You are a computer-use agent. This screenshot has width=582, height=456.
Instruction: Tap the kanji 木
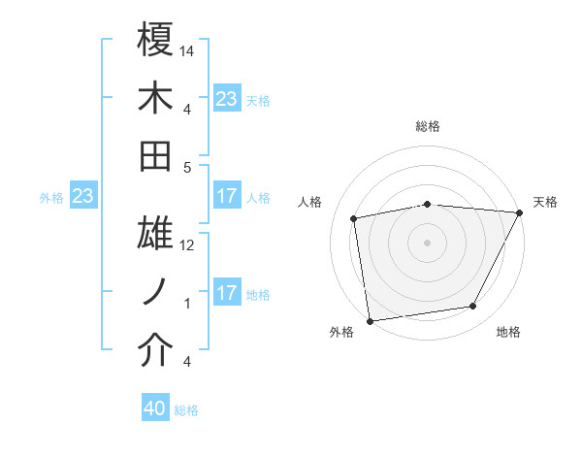pos(155,98)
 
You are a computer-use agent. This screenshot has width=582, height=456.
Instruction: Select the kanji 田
pos(155,156)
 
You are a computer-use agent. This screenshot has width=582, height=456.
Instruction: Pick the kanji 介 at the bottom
pos(155,351)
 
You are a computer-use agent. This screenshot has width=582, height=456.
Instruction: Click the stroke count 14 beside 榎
pos(187,49)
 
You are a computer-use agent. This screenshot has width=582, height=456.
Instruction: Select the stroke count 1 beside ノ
pos(187,304)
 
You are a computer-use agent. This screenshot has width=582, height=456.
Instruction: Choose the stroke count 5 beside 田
pos(187,167)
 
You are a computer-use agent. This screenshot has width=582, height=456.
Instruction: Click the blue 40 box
pos(155,409)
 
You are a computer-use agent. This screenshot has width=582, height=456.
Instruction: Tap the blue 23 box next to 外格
pos(82,197)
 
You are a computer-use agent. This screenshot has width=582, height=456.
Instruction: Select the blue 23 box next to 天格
pos(226,98)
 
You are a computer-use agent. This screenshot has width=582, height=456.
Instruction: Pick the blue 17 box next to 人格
pos(226,196)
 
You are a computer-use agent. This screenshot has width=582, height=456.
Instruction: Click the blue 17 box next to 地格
pos(226,293)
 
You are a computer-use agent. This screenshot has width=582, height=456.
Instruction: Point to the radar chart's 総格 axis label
pos(427,127)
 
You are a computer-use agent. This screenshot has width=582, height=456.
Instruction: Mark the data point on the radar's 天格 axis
pos(521,212)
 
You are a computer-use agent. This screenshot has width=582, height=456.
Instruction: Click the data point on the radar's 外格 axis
pos(370,320)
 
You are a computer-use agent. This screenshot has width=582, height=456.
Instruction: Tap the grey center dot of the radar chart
pos(427,242)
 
